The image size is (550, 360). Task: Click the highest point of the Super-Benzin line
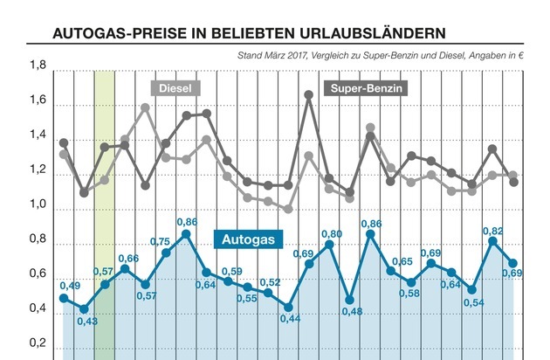tap(308, 94)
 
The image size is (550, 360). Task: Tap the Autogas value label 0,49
tap(70, 287)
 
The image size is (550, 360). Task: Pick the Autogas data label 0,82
tap(493, 231)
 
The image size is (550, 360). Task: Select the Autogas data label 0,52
tap(271, 282)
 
